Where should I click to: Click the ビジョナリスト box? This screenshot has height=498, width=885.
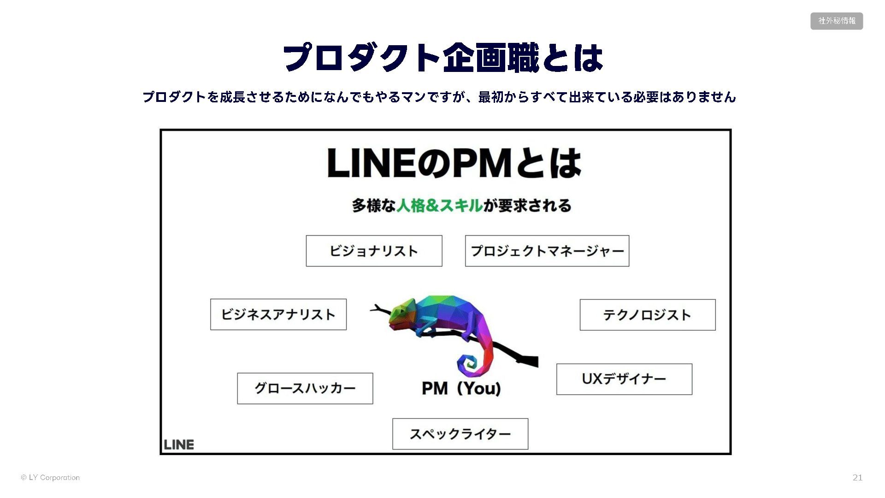point(374,251)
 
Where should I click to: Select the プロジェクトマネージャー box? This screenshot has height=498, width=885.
point(547,251)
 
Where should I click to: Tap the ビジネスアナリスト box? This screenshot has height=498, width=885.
point(278,314)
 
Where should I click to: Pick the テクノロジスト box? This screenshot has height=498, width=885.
point(647,315)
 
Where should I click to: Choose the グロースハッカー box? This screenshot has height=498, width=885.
point(305,388)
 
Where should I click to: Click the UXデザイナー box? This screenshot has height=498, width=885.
point(624,379)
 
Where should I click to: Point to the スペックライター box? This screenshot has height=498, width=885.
point(460,434)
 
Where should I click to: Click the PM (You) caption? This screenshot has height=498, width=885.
point(461,388)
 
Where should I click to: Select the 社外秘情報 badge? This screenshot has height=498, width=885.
point(836,21)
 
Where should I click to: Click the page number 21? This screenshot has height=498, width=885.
point(857,478)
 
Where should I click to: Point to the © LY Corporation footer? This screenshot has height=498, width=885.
point(50,478)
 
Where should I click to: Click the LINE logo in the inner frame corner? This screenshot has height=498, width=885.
point(179,445)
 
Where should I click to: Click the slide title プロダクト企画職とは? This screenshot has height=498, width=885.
point(442,58)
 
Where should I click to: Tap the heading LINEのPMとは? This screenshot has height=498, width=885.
point(454,164)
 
